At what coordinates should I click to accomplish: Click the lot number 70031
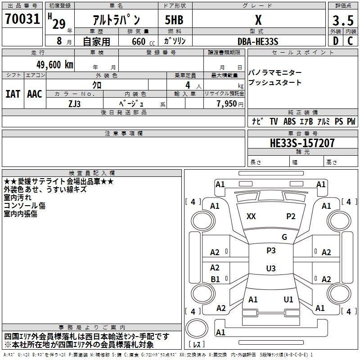[22, 19]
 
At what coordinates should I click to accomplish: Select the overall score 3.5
[343, 20]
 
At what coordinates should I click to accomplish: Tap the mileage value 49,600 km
[55, 65]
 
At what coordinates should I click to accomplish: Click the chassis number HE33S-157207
[302, 143]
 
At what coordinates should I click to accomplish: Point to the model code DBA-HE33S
[258, 41]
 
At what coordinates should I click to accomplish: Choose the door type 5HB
[174, 20]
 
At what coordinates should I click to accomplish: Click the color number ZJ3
[75, 104]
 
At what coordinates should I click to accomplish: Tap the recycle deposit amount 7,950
[227, 104]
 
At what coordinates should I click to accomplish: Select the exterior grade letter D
[336, 41]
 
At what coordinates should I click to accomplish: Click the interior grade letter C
[350, 41]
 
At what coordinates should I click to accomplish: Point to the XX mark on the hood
[251, 216]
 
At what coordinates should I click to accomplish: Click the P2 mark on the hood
[291, 216]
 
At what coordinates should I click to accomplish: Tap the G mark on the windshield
[284, 237]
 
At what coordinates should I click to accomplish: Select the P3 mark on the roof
[271, 251]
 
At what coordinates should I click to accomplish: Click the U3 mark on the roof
[271, 268]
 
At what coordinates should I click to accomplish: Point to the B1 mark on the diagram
[215, 279]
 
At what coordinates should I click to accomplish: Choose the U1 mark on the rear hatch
[288, 300]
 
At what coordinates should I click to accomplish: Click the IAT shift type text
[13, 94]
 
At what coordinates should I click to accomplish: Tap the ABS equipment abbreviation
[289, 121]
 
